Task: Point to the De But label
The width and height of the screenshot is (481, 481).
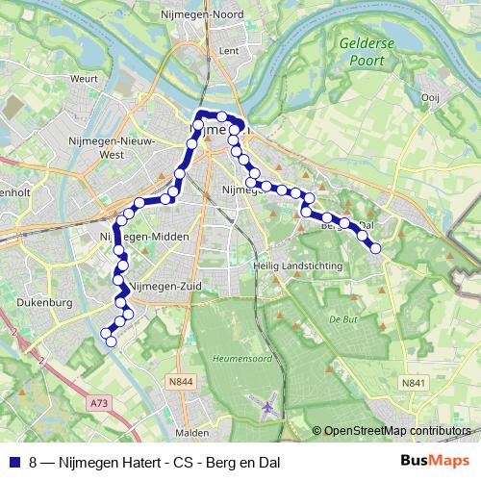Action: [x=343, y=316]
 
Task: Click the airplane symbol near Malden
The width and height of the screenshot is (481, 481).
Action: [x=268, y=407]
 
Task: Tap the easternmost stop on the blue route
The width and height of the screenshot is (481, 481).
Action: [x=375, y=248]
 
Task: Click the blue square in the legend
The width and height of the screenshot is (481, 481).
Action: [x=13, y=460]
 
